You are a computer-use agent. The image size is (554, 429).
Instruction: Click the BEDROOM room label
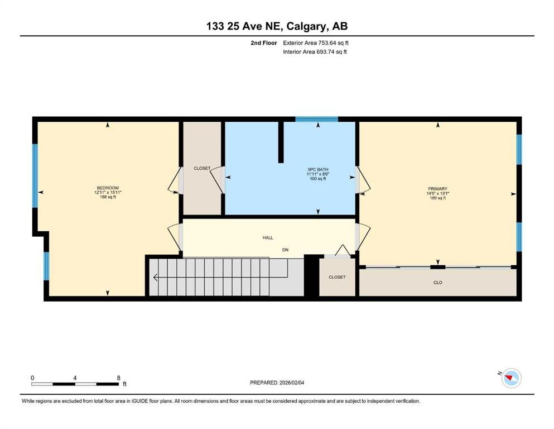(108, 188)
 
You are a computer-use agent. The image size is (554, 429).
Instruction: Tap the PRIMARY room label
(438, 189)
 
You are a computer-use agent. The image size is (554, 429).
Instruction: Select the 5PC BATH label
(318, 170)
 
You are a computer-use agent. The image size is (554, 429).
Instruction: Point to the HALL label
(268, 237)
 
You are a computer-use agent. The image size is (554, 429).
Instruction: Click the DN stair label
(285, 250)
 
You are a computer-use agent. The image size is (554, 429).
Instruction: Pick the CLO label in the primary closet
(438, 283)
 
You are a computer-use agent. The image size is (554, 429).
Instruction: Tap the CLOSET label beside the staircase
(337, 277)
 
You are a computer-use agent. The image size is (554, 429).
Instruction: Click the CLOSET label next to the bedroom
(202, 168)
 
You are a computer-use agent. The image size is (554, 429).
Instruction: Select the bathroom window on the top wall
(316, 119)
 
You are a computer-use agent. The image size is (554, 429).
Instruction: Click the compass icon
(511, 378)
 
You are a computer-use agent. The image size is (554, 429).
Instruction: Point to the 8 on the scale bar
(119, 378)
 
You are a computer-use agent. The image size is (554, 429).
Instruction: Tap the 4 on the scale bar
(75, 378)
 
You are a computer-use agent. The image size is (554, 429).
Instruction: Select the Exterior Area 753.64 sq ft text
(316, 43)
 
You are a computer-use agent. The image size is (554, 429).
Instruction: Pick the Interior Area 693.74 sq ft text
(315, 51)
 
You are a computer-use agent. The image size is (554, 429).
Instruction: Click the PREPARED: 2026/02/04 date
(277, 383)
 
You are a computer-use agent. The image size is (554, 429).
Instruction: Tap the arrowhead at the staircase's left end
(155, 278)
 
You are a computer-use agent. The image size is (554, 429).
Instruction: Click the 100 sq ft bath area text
(318, 179)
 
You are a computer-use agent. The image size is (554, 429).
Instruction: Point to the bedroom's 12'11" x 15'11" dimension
(108, 192)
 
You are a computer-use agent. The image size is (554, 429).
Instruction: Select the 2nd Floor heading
(264, 43)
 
